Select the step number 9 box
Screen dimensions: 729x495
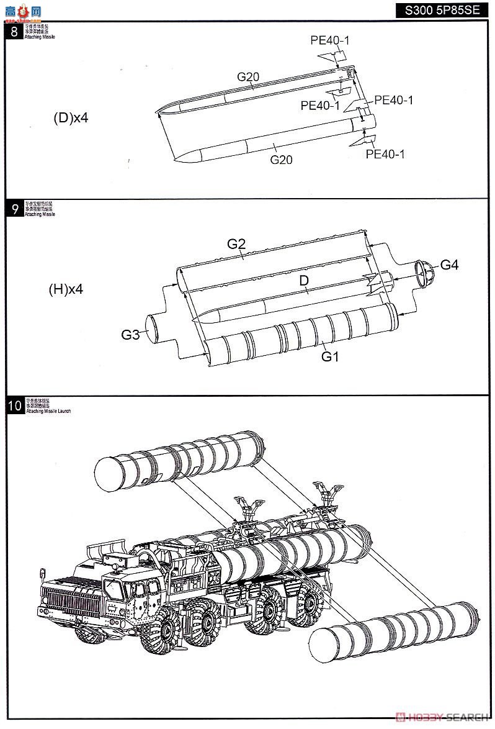14,209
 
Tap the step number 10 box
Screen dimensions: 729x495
14,406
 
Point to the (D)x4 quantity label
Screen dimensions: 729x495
71,118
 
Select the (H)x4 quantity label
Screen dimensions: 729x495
66,289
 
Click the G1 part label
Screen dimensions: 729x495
330,356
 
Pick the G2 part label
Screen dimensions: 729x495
236,244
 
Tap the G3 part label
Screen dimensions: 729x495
130,335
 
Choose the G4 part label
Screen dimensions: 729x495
449,265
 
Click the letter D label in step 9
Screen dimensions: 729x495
304,281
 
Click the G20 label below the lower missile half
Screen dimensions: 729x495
281,160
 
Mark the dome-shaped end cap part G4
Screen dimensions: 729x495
425,272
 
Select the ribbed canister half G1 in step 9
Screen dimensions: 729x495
298,335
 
